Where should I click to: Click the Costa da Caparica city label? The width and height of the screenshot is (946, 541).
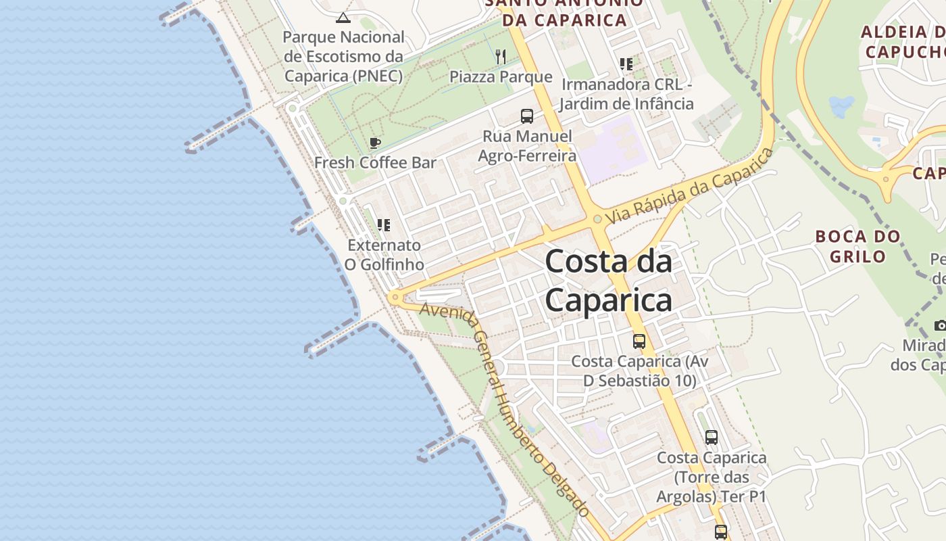[x=608, y=281]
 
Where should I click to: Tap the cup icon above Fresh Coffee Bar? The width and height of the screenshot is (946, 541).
[x=375, y=143]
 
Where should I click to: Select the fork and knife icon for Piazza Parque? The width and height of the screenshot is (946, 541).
[x=501, y=57]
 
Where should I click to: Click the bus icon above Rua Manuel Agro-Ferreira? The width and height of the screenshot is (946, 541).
[x=527, y=116]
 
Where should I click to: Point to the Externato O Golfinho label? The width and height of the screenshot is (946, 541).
[x=384, y=254]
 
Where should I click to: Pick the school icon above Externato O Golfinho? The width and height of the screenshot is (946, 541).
[x=384, y=225]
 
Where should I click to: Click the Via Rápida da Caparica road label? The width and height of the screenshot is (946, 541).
[x=689, y=187]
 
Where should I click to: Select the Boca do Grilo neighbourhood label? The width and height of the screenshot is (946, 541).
[x=858, y=246]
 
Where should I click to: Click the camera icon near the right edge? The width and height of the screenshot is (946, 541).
[x=940, y=325]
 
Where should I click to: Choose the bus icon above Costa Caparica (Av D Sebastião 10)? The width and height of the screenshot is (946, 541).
[x=639, y=341]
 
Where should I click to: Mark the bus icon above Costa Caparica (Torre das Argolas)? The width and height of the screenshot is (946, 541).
[x=712, y=437]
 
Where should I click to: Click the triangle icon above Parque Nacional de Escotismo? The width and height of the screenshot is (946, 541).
[x=343, y=18]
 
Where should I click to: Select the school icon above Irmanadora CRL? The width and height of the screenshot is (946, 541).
[x=626, y=64]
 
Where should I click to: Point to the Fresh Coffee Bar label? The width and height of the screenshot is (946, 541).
[x=375, y=162]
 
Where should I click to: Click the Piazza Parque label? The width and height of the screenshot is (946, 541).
[x=501, y=76]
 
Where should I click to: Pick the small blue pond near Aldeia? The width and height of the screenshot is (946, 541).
[x=841, y=106]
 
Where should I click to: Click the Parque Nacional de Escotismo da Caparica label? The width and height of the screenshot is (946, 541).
[x=343, y=56]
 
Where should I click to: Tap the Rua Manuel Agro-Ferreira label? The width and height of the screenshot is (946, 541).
[x=527, y=146]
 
